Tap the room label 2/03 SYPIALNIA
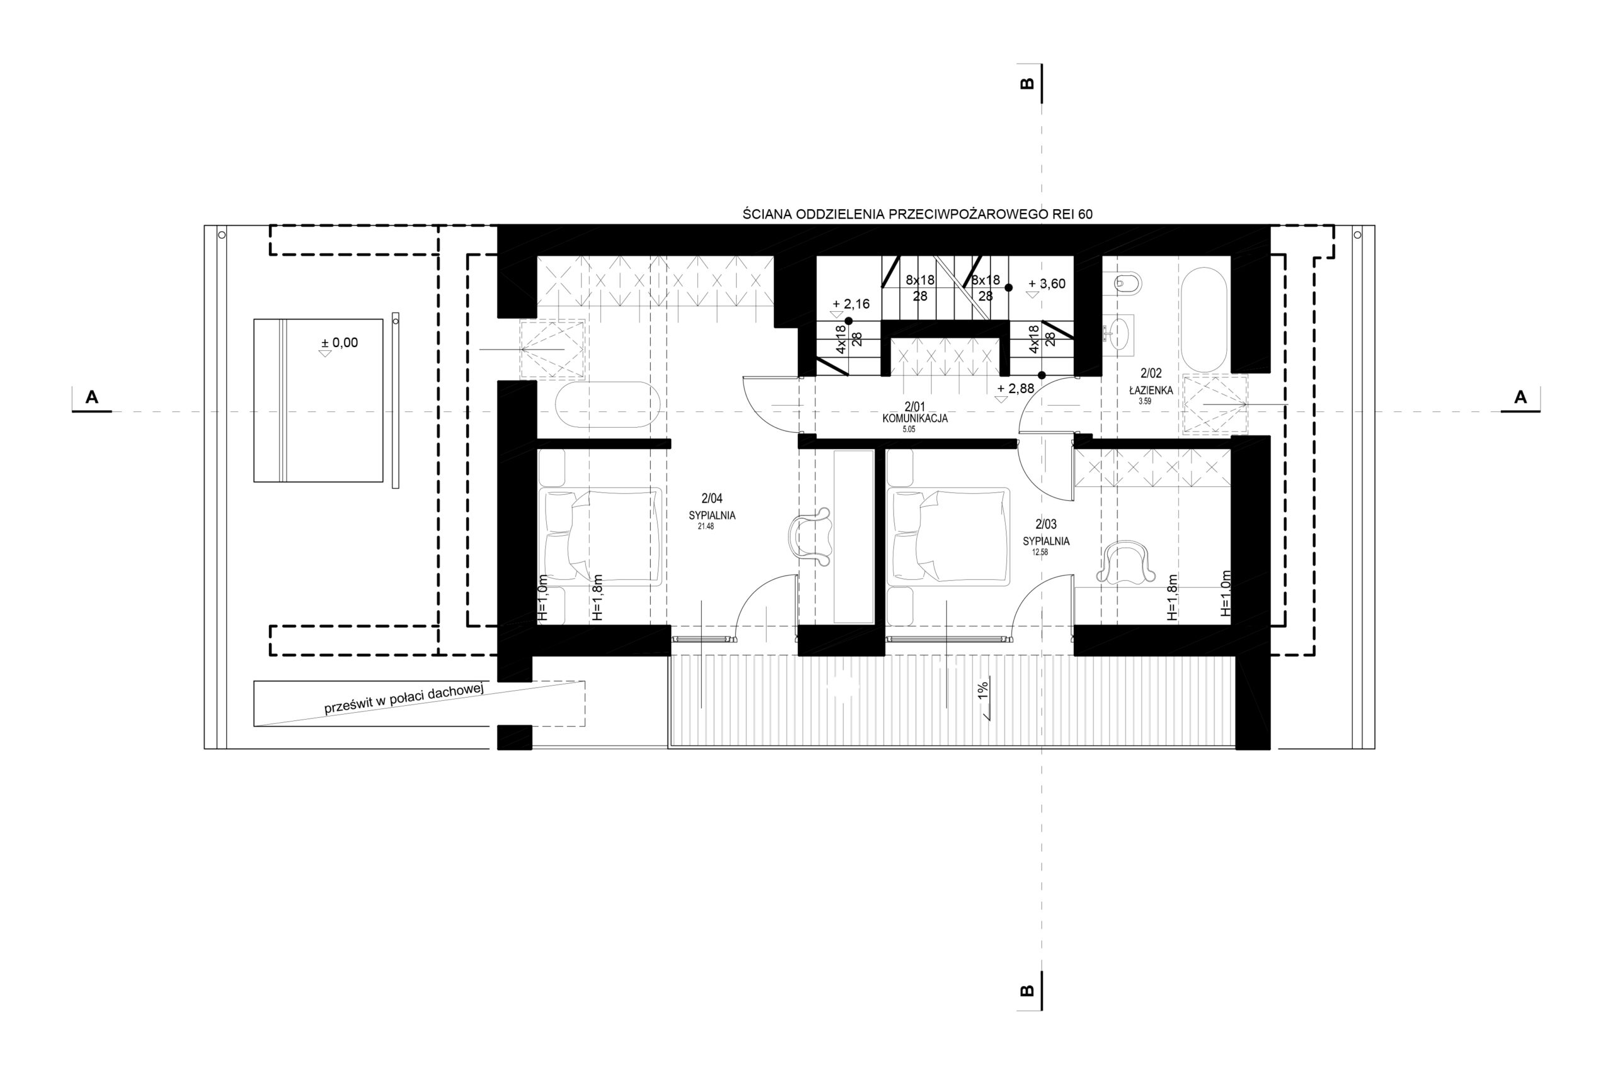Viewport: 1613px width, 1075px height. coord(1045,532)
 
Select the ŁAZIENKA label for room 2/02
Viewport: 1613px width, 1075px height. coord(1151,390)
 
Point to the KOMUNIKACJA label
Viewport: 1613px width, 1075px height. coord(915,418)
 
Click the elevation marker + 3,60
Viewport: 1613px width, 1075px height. coord(1047,284)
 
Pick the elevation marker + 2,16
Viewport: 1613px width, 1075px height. coord(851,304)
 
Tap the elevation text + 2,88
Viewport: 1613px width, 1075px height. coord(1015,389)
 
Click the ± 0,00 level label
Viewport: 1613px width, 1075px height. coord(340,343)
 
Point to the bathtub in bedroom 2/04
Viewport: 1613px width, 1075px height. coord(607,405)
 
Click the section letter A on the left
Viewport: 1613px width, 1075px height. coord(91,397)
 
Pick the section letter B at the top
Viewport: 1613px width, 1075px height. coord(1027,84)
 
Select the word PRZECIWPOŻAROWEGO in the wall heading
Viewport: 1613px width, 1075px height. coord(968,214)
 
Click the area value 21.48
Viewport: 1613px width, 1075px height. coord(706,527)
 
